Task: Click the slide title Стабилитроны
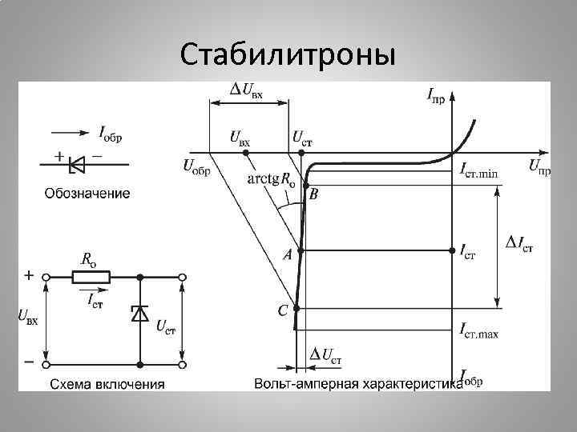[288, 55]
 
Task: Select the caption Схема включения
[108, 383]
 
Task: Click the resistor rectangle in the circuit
[91, 277]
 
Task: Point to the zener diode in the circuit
[140, 314]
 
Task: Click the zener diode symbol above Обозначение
[78, 164]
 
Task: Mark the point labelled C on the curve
[297, 308]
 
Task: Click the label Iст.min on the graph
[478, 169]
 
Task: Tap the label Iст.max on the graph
[479, 330]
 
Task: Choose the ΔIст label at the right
[521, 244]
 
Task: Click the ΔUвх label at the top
[246, 90]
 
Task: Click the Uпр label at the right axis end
[539, 168]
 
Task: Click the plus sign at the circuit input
[29, 274]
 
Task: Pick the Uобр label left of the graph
[196, 168]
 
